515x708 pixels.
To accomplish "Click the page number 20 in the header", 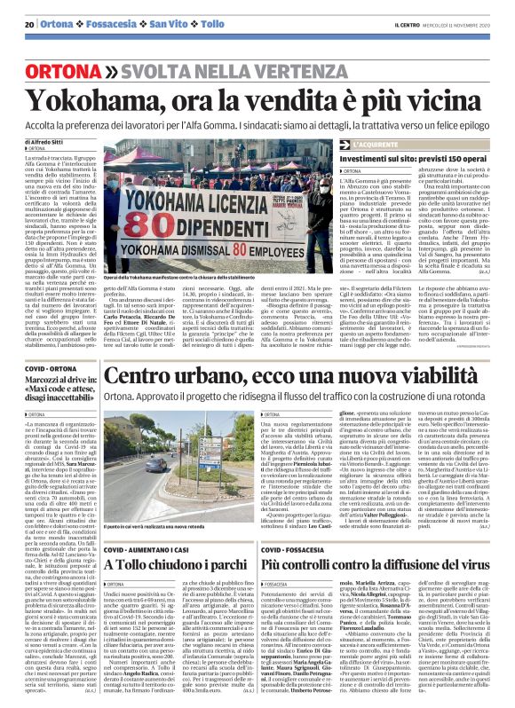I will [x=29, y=23].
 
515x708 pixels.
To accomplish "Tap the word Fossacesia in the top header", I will [x=111, y=23].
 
